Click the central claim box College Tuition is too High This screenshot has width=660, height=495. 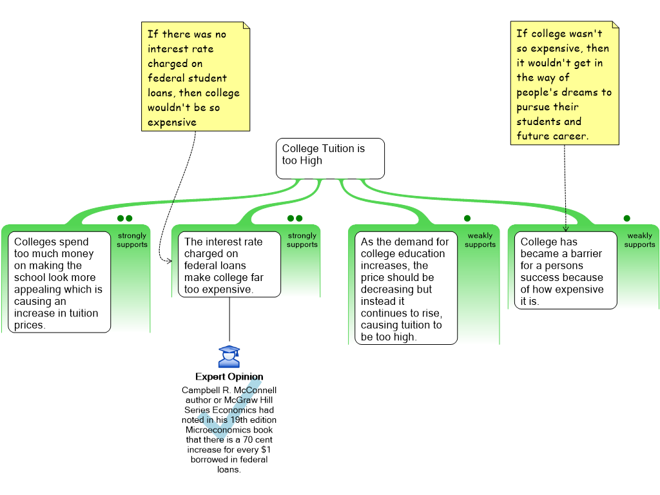pyautogui.click(x=330, y=159)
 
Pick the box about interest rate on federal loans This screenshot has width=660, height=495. pyautogui.click(x=229, y=265)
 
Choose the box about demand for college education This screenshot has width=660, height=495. pyautogui.click(x=405, y=289)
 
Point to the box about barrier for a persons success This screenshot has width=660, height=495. pyautogui.click(x=565, y=271)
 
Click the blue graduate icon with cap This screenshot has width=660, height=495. pyautogui.click(x=229, y=357)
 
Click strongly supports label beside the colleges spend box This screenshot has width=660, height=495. pyautogui.click(x=132, y=240)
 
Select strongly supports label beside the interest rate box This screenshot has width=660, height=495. pyautogui.click(x=302, y=240)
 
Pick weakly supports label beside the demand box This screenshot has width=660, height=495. pyautogui.click(x=480, y=240)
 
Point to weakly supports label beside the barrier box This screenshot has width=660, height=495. pyautogui.click(x=639, y=240)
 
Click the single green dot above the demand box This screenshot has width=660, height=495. pyautogui.click(x=467, y=218)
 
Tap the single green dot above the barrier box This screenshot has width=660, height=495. pyautogui.click(x=626, y=218)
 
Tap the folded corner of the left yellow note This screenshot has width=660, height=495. pyautogui.click(x=246, y=26)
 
